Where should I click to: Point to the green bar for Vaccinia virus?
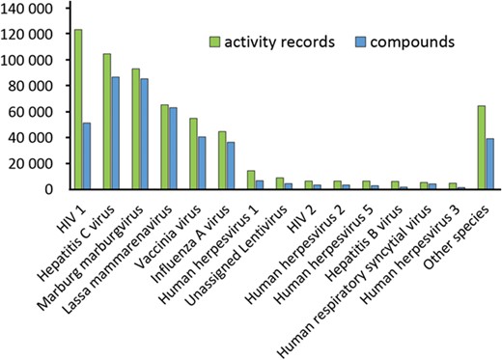click(192, 153)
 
